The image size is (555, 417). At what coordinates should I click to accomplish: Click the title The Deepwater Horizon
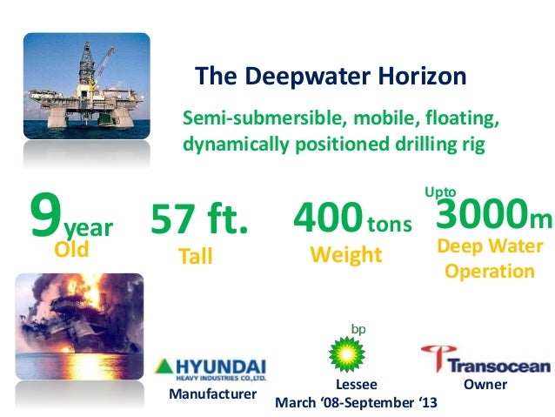coord(331,77)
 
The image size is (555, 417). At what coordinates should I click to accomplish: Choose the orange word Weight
coord(346,255)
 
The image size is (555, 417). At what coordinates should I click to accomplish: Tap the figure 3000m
coord(492,215)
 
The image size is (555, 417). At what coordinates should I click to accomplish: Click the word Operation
coord(490,271)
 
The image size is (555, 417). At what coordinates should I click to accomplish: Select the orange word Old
coord(72,251)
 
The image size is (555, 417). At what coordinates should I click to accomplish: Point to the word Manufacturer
coord(213,394)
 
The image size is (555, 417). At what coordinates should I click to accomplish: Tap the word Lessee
coord(355,384)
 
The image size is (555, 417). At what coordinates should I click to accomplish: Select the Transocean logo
coord(485,360)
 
